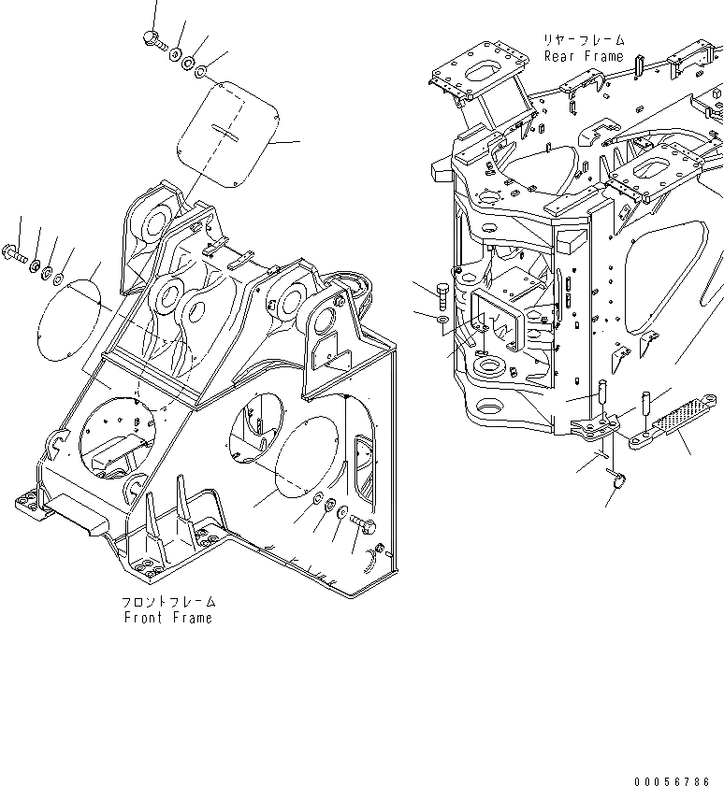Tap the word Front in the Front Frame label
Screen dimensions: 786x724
(x=144, y=618)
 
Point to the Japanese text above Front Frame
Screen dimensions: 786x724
(x=168, y=603)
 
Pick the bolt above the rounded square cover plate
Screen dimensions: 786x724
(x=152, y=38)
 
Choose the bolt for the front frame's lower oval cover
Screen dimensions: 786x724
(x=364, y=528)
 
